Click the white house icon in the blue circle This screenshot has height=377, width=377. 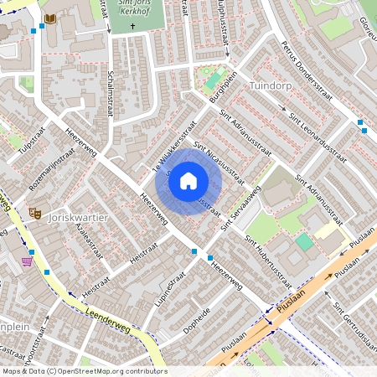pos(188,180)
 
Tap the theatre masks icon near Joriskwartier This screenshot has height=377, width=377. pos(35,214)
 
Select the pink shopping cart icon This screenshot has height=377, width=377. pos(27,261)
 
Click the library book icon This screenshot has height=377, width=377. pos(50,18)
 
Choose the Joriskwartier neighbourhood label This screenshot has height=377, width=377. pos(80,217)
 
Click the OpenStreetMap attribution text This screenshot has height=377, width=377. pos(84,371)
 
